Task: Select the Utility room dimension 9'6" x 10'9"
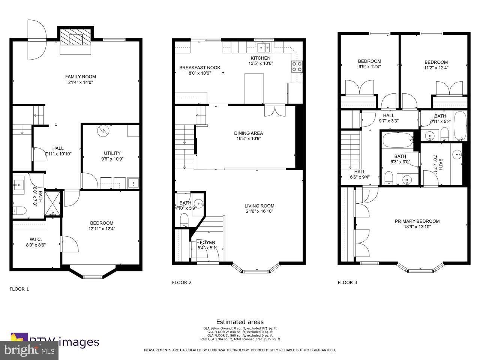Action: [x=112, y=159]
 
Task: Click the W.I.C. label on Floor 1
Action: [x=36, y=240]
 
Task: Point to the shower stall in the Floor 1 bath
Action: [x=53, y=204]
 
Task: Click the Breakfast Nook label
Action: [x=199, y=68]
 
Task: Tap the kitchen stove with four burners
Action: [x=297, y=66]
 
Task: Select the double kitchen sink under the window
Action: [x=264, y=47]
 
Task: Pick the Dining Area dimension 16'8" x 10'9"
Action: [x=248, y=138]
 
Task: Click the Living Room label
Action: [x=259, y=206]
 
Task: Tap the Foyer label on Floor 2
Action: [x=207, y=242]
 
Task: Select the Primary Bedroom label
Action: [x=417, y=221]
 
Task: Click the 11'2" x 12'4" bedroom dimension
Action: [x=436, y=68]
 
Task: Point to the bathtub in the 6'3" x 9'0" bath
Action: [x=397, y=141]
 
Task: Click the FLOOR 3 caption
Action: [x=347, y=283]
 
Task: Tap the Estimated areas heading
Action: [x=240, y=322]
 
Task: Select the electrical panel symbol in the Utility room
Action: [x=102, y=131]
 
